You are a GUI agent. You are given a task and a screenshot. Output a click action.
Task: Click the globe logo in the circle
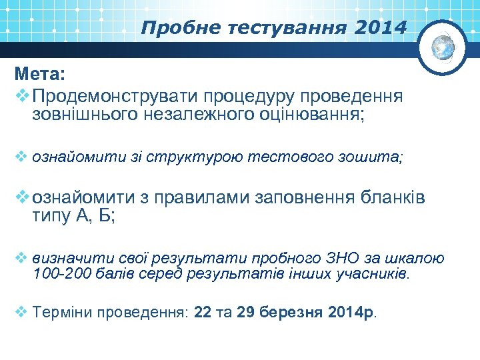[x=443, y=47]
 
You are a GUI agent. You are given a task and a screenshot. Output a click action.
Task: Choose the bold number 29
[x=245, y=312]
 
